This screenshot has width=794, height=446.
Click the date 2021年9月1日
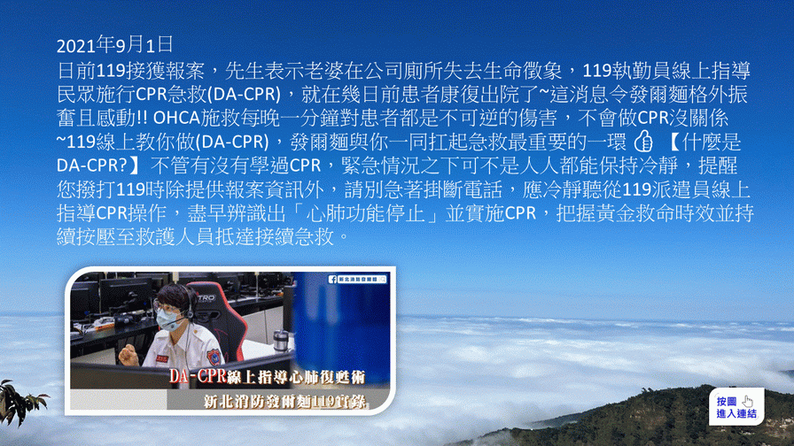pos(114,45)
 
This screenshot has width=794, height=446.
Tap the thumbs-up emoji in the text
pos(643,142)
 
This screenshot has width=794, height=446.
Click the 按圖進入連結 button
pos(736,407)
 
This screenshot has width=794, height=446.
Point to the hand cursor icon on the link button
pos(748,402)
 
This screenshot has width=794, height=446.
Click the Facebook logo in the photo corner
pos(332,279)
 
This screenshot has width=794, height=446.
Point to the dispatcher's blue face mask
pos(168,319)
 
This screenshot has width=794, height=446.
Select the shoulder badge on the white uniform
pos(214,356)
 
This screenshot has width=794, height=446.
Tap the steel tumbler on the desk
pos(280,341)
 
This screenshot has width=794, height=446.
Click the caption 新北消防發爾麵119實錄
pos(285,402)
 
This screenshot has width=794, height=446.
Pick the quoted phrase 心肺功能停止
pos(366,213)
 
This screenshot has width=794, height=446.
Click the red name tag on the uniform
pos(162,358)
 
